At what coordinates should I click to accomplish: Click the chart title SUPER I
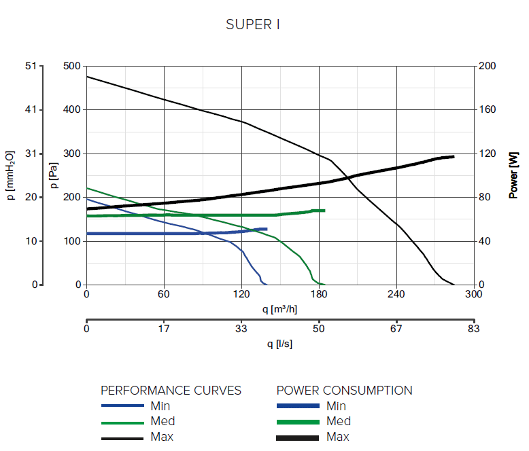pyautogui.click(x=253, y=25)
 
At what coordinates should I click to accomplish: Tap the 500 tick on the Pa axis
pyautogui.click(x=71, y=66)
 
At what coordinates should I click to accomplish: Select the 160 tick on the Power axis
pyautogui.click(x=488, y=109)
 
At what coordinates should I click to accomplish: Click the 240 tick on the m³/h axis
pyautogui.click(x=396, y=295)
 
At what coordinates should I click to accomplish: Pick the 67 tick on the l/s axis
pyautogui.click(x=396, y=329)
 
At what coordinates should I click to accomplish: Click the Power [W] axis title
pyautogui.click(x=514, y=175)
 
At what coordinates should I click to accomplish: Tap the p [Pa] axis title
pyautogui.click(x=54, y=175)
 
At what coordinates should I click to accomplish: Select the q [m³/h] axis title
pyautogui.click(x=279, y=310)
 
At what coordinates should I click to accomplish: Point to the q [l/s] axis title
pyautogui.click(x=279, y=344)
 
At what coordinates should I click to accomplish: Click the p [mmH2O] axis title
pyautogui.click(x=11, y=175)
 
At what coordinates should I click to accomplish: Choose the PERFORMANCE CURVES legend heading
pyautogui.click(x=171, y=391)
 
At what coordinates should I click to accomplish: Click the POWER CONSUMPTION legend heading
pyautogui.click(x=344, y=391)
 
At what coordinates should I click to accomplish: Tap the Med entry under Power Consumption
pyautogui.click(x=339, y=421)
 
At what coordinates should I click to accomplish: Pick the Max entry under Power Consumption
pyautogui.click(x=339, y=437)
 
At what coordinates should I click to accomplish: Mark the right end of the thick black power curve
pyautogui.click(x=454, y=157)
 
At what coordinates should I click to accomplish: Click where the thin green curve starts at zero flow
pyautogui.click(x=87, y=188)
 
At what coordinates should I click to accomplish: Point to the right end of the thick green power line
pyautogui.click(x=324, y=211)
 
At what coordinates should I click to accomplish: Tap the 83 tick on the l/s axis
pyautogui.click(x=474, y=329)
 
